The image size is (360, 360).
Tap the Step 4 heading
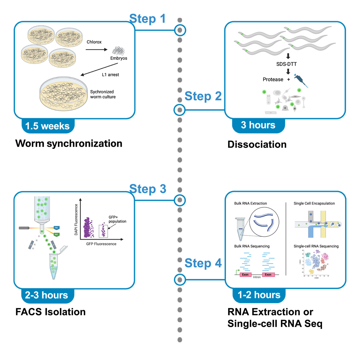pos(203,263)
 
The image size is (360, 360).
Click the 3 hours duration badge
pos(258,125)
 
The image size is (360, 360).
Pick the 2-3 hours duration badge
pos(47,295)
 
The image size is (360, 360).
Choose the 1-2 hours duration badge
pos(259,295)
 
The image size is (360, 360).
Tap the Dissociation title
pos(257,145)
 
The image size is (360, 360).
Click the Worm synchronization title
pos(69,143)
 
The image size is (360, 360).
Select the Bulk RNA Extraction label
pos(250,203)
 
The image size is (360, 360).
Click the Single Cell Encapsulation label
pos(314,203)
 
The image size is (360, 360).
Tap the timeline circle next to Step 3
pos(180,200)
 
